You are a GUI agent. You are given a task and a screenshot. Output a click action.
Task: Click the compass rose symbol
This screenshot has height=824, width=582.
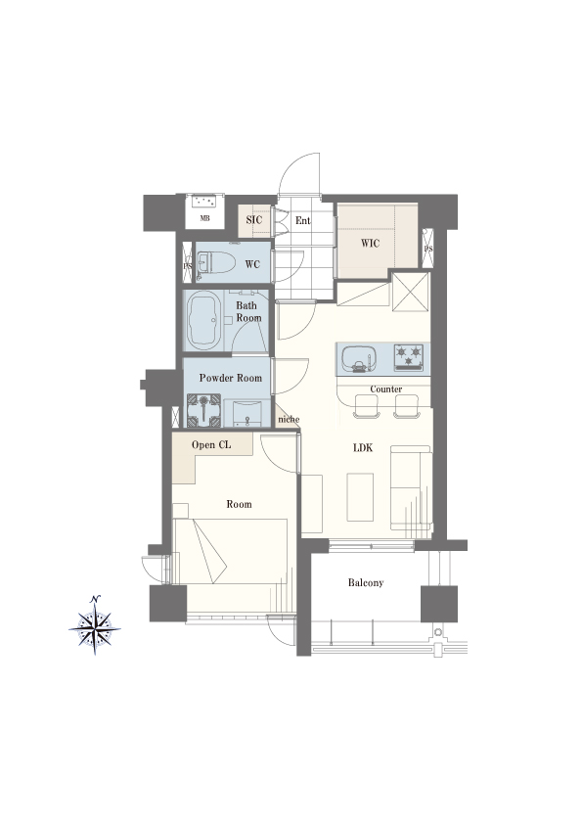coord(95,626)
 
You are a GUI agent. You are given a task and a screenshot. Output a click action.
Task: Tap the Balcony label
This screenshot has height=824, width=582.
coord(366,583)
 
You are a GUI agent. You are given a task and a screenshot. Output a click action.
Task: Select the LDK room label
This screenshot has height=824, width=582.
coord(363,448)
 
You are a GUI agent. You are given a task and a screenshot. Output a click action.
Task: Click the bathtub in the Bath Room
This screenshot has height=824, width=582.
coord(202,321)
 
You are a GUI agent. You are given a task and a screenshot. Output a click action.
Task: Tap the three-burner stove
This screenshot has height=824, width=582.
coord(409,357)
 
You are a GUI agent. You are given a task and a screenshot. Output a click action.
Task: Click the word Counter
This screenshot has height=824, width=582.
coord(386,389)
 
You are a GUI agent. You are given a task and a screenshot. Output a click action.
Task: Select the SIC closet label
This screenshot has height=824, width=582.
coord(253,220)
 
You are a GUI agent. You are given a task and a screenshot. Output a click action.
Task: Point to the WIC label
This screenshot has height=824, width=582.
coord(371,244)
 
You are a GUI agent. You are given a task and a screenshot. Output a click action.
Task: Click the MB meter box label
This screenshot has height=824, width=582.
coord(204,218)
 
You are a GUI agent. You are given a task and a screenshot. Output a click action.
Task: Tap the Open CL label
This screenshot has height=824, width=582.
coord(211,445)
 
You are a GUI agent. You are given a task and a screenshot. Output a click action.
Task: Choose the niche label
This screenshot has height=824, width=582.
coord(289,420)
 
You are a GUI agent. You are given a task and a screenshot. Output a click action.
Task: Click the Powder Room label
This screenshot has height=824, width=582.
coord(231,378)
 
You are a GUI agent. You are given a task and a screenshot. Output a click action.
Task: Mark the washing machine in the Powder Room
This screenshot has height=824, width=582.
coord(202,410)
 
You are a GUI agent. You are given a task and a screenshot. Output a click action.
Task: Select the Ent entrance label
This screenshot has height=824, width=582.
coord(302,221)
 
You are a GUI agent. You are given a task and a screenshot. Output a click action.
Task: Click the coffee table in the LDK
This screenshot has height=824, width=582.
coord(360,497)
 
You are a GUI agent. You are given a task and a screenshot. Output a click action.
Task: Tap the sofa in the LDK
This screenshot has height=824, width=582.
coord(411,487)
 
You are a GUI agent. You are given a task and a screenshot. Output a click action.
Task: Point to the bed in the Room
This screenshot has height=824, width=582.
coord(230,551)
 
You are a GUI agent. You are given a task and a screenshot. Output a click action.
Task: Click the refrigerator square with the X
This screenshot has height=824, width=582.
coord(411,292)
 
